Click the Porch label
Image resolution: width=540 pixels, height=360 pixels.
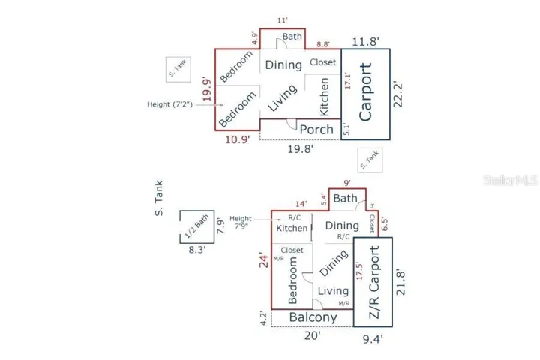coord(316,130)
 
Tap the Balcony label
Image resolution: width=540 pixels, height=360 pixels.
coord(313,317)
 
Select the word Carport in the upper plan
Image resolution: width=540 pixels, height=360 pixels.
coord(366,92)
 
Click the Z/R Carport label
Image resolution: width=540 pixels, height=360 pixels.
coord(374,282)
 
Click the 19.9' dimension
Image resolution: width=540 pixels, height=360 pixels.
coord(207,90)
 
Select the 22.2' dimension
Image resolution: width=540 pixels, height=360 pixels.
coord(397,94)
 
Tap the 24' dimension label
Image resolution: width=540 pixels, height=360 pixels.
coord(264,261)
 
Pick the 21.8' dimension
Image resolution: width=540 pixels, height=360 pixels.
coord(400,283)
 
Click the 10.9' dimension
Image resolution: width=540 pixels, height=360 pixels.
coord(238,139)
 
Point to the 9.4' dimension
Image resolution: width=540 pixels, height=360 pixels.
coord(373,339)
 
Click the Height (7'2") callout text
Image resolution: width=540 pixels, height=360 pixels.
coord(169,104)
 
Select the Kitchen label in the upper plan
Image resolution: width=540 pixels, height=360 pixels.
coord(325,97)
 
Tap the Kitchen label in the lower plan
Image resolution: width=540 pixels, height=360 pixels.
coord(292,228)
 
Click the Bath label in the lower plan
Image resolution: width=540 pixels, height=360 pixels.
coord(346,199)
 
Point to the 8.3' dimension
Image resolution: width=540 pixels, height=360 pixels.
coord(197,250)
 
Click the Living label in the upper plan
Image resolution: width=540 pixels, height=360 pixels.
coord(283,97)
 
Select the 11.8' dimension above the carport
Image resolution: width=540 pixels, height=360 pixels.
coord(366,42)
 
